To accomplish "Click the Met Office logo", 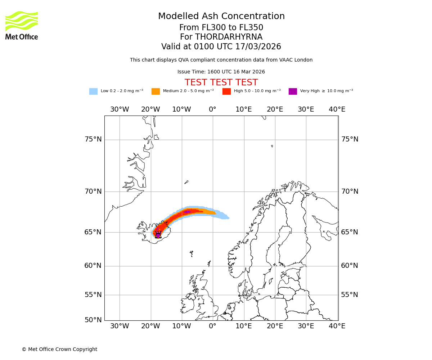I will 22,25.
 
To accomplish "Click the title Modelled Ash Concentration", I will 221,16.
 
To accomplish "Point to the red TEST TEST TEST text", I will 221,82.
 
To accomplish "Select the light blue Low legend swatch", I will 93,91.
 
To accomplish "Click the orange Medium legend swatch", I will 156,91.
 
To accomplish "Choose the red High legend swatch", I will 226,91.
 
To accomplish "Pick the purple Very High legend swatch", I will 293,91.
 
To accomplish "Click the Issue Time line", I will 221,72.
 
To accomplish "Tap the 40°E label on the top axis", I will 337,109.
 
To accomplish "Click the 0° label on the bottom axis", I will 212,326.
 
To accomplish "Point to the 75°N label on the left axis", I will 93,139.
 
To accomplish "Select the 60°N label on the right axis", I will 350,266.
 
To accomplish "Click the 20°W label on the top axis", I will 150,109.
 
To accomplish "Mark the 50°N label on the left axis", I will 93,320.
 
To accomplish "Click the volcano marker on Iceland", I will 158,235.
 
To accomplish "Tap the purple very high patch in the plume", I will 187,212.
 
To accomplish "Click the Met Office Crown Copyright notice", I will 59,349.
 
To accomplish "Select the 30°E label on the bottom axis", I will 306,326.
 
